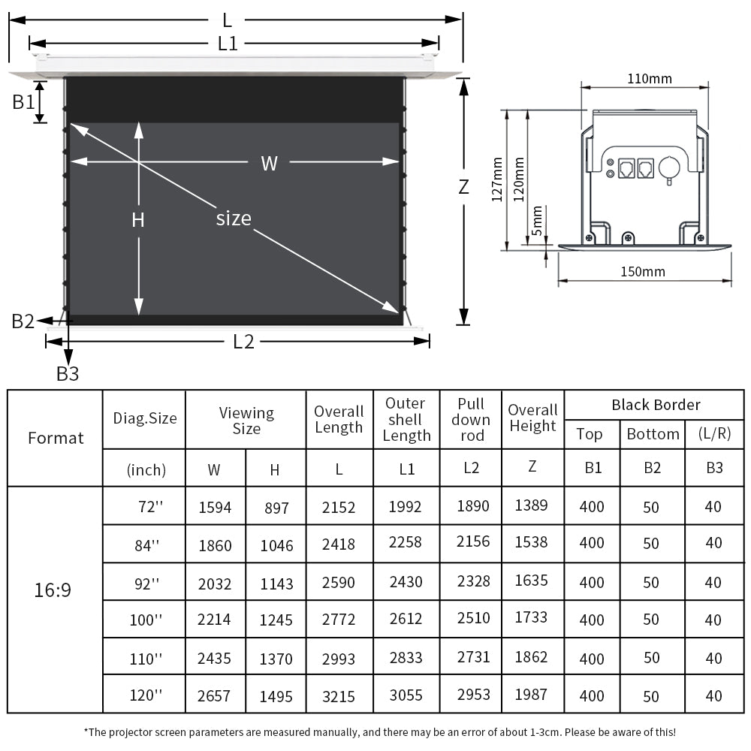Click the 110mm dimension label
point(649,78)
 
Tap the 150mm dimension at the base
point(643,272)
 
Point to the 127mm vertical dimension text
point(496,179)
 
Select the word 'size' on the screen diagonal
point(234,219)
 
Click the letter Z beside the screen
point(463,186)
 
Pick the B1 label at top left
point(23,101)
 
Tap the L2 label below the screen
point(243,342)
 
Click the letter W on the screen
point(269,163)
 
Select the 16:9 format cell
point(53,590)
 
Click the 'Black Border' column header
point(655,405)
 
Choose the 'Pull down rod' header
point(470,420)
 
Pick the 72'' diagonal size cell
point(149,507)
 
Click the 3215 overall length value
point(339,696)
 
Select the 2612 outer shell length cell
point(406,619)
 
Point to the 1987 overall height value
point(531,695)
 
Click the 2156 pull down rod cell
point(473,541)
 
